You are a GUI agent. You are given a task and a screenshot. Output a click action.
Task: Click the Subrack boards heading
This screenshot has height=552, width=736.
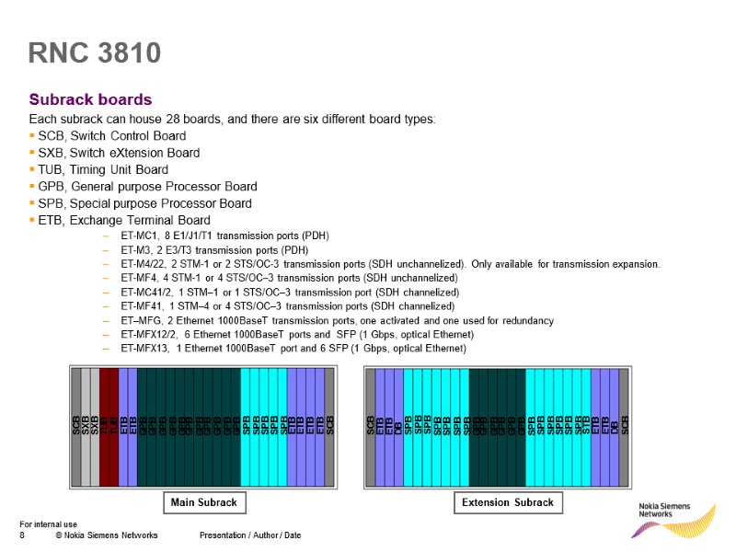(90, 99)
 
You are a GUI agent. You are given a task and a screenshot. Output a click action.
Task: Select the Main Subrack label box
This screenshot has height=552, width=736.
(203, 502)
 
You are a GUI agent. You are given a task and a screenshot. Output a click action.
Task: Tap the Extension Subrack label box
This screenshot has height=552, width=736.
(509, 502)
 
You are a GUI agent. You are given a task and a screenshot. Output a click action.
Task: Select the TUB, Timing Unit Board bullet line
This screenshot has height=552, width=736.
(102, 169)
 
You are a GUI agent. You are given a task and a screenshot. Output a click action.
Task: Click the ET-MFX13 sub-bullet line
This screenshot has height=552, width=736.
(293, 349)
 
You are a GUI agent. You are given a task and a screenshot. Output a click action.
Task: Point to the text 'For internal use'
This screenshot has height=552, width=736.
(49, 524)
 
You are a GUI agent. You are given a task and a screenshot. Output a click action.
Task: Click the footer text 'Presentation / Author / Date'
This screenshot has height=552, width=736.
(249, 535)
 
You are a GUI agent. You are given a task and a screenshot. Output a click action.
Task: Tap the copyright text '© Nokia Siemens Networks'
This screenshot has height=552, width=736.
(106, 535)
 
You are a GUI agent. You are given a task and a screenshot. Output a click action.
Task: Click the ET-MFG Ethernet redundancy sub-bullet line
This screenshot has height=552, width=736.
(337, 320)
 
